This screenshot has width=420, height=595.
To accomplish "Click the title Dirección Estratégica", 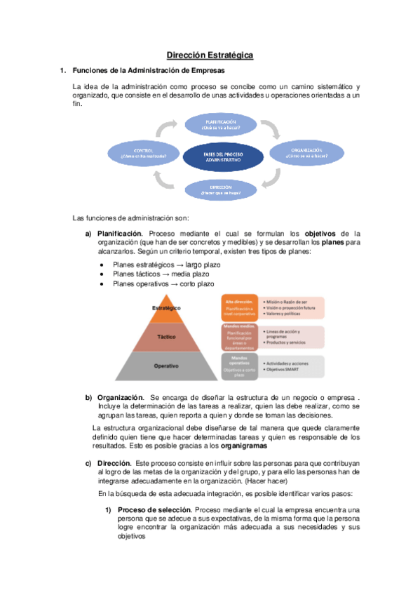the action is [x=209, y=54].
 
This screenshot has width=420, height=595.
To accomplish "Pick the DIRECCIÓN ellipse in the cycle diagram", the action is [x=219, y=188].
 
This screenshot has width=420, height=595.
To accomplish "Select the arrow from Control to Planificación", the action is [x=168, y=128].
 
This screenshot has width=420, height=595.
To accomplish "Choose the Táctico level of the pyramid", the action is [x=167, y=336].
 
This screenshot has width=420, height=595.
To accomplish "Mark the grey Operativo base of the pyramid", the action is [x=167, y=366].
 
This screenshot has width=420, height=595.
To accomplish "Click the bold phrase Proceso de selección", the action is [x=154, y=509].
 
